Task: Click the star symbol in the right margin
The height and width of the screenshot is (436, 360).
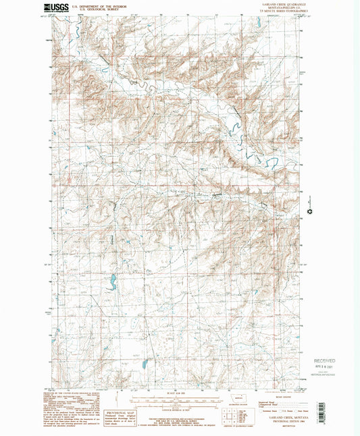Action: coord(310,212)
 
